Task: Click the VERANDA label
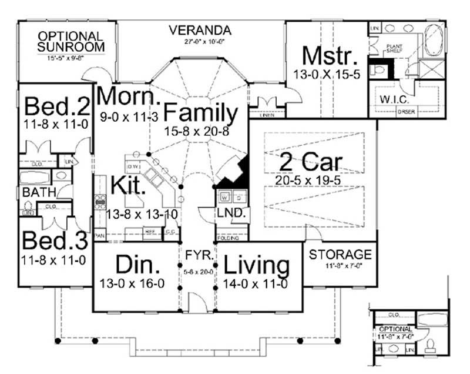(200, 30)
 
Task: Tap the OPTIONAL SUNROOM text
(71, 41)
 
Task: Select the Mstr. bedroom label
(330, 56)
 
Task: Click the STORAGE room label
(340, 255)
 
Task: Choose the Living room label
(257, 266)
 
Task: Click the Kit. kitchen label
(128, 186)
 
